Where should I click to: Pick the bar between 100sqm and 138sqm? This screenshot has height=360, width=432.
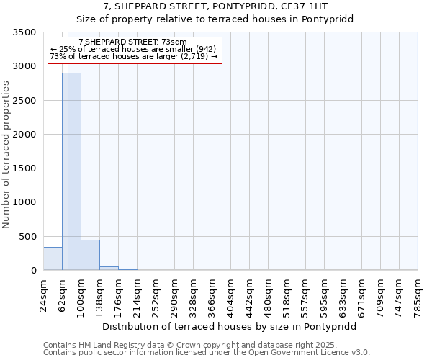point(90,255)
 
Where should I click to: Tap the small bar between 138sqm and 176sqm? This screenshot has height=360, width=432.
point(109,268)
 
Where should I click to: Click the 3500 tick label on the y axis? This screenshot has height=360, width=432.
point(24,32)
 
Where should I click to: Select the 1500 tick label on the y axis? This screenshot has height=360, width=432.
point(24,168)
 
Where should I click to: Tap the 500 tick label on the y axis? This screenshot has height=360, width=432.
point(27,237)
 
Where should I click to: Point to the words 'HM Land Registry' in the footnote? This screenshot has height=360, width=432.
point(113,345)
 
